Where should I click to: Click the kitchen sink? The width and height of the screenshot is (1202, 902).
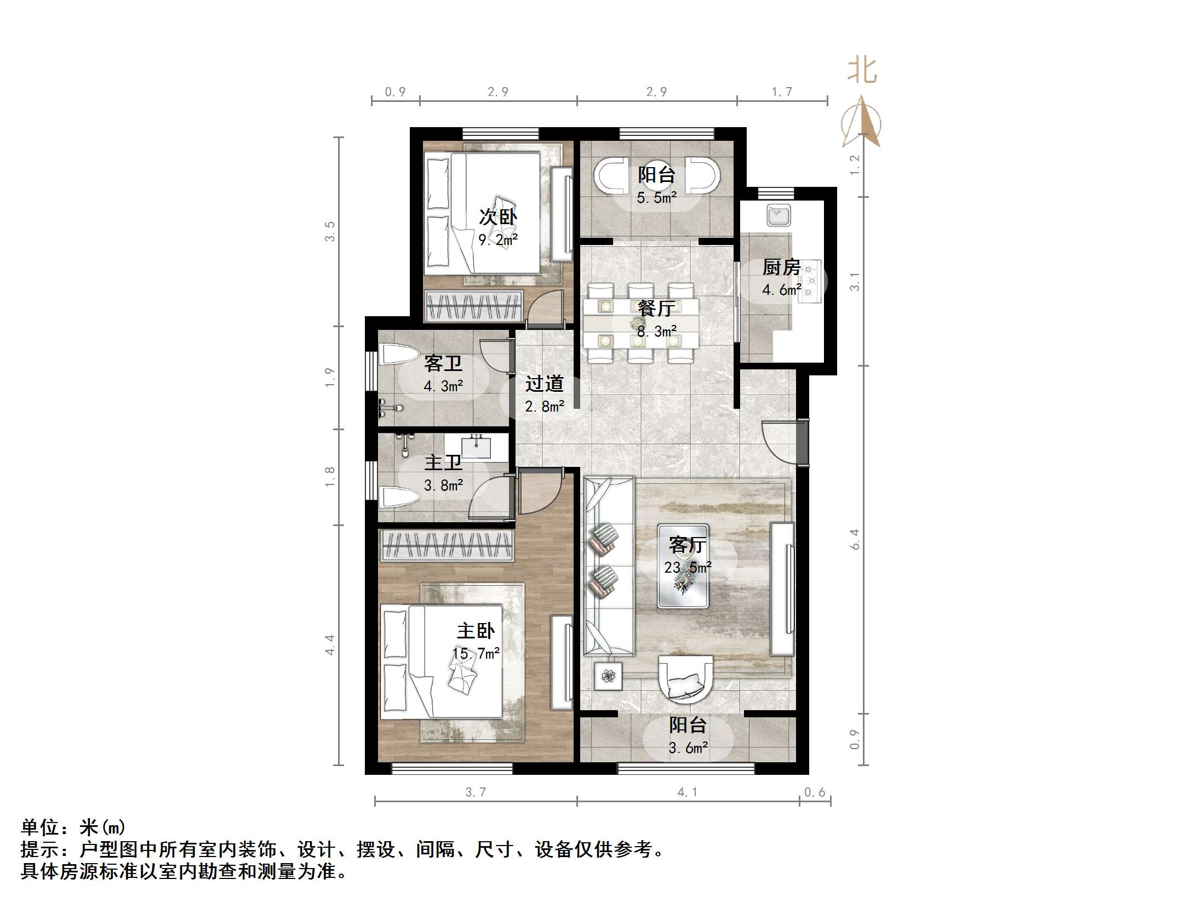point(779,215)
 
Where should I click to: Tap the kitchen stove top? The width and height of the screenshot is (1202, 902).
point(811,281)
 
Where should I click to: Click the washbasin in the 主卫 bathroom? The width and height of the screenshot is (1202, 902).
point(476,446)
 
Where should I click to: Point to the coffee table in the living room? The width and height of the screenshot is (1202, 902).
point(683,566)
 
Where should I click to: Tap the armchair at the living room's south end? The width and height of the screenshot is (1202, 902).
point(685,680)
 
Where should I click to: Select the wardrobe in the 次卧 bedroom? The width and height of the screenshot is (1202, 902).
point(474,306)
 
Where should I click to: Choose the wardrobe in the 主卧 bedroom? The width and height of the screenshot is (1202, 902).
point(447,545)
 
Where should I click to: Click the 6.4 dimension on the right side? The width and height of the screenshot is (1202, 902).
point(855,539)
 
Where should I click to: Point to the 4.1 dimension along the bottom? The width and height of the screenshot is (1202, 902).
point(687,792)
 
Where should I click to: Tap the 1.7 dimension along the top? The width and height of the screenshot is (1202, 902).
point(782,92)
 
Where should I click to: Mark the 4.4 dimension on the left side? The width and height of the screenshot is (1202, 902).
point(329,645)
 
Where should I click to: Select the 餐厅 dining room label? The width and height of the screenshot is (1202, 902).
point(656,309)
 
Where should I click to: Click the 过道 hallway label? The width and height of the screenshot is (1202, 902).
point(544,384)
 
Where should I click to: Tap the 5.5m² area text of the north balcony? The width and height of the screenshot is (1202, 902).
point(656,198)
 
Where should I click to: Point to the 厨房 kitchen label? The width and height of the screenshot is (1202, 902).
point(781,267)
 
